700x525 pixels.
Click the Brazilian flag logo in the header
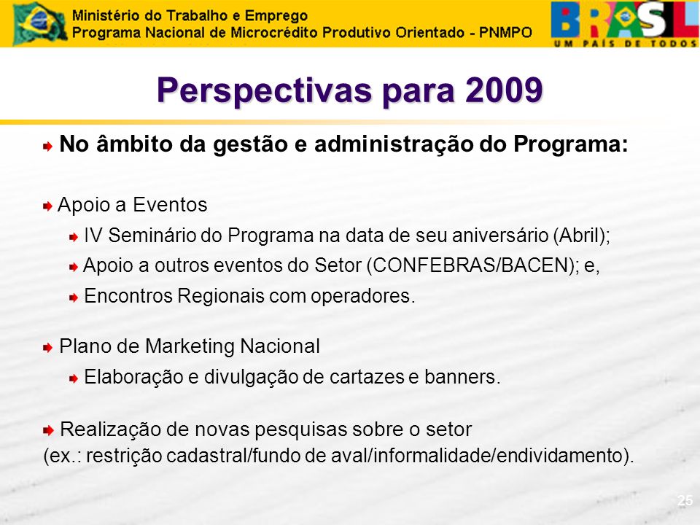point(39,23)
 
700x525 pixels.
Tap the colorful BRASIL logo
point(625,23)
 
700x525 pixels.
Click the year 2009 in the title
point(504,90)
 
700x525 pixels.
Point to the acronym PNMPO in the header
point(505,33)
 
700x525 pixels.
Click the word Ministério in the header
point(104,15)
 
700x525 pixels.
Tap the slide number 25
point(685,500)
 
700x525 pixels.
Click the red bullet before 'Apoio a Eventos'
point(48,206)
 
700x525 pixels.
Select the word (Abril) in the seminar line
point(582,236)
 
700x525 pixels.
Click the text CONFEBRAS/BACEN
point(470,265)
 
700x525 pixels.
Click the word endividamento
point(561,456)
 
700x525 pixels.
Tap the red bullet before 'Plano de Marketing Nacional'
point(48,348)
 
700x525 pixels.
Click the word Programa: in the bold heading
point(570,144)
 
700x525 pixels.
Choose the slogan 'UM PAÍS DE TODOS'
point(625,43)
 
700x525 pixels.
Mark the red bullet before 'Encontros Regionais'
point(74,297)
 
